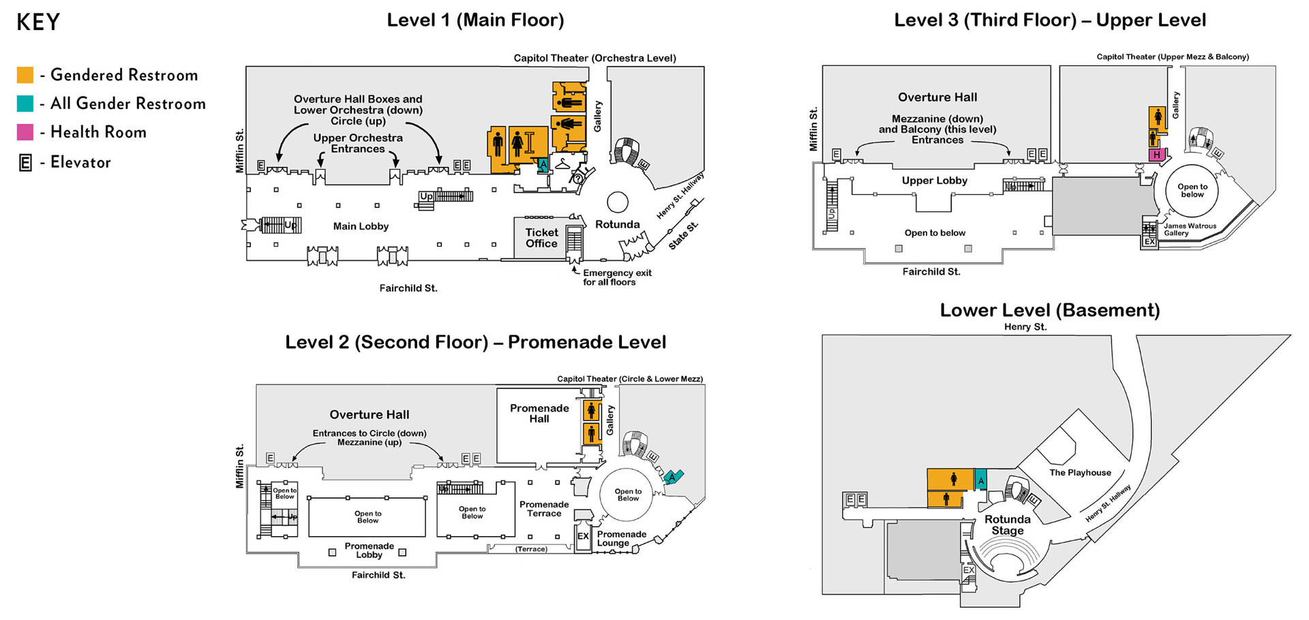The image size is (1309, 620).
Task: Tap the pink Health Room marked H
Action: click(x=1156, y=155)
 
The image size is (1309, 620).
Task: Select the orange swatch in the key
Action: click(x=25, y=75)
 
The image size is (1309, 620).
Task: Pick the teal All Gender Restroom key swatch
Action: click(x=25, y=104)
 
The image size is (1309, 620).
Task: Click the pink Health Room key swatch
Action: click(x=25, y=132)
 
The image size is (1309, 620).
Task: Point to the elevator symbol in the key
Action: click(x=25, y=163)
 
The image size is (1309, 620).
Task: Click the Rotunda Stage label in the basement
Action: click(x=1008, y=525)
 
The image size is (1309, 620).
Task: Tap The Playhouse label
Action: click(x=1080, y=472)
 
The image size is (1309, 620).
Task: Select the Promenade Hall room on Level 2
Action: click(x=539, y=426)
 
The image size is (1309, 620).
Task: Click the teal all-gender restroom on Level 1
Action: click(x=543, y=165)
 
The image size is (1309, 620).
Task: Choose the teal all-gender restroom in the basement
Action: click(x=981, y=480)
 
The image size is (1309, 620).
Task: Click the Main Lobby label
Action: click(x=361, y=226)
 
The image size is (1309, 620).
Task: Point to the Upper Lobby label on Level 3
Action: click(x=935, y=181)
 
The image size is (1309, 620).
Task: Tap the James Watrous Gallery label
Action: click(x=1190, y=230)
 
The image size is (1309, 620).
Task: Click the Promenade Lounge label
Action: click(x=622, y=538)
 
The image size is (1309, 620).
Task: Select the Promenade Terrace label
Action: click(x=544, y=509)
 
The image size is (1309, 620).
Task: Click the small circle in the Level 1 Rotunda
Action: click(x=618, y=202)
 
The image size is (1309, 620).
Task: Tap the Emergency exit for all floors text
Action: click(x=617, y=277)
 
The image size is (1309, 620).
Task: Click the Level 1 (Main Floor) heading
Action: click(x=475, y=20)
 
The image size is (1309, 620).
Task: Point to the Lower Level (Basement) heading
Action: click(x=1050, y=310)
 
